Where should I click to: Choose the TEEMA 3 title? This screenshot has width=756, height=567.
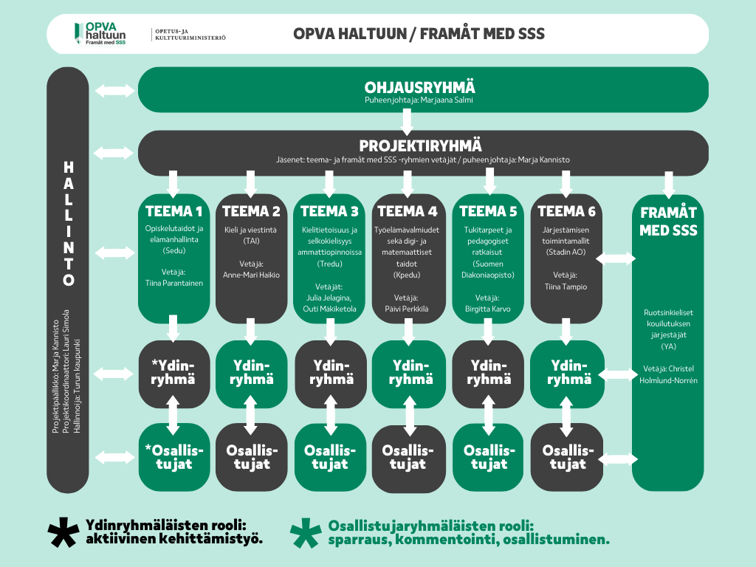point(329,211)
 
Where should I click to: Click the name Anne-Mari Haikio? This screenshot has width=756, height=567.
point(251,275)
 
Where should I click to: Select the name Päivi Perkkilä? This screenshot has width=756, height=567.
point(408,309)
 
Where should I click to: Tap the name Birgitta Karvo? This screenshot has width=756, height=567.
point(487,309)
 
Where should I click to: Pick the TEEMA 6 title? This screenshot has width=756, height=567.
point(566,211)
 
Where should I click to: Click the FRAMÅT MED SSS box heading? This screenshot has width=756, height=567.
point(668,221)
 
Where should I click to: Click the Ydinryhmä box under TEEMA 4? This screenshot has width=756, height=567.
point(408,373)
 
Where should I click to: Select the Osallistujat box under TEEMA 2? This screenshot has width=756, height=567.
point(251,457)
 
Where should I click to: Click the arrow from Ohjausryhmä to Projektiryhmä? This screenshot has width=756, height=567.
point(407,120)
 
